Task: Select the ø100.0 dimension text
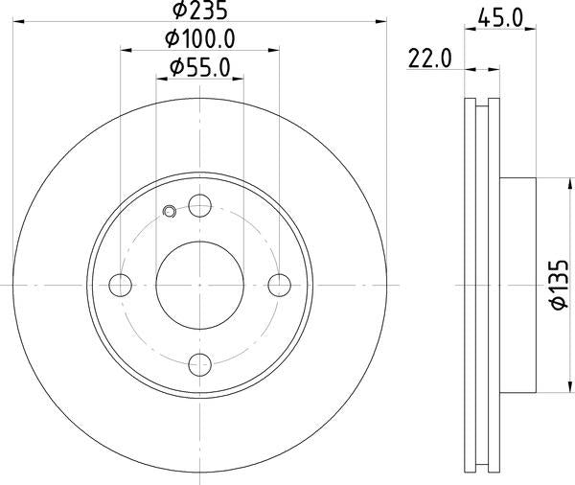click(200, 40)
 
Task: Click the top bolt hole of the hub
click(199, 205)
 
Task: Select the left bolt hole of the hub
click(121, 285)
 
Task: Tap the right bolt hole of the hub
click(279, 285)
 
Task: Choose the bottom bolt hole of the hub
click(199, 363)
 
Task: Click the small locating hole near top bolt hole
click(171, 213)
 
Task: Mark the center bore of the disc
click(199, 285)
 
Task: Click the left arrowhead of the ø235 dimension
click(19, 24)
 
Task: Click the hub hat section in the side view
click(518, 285)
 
